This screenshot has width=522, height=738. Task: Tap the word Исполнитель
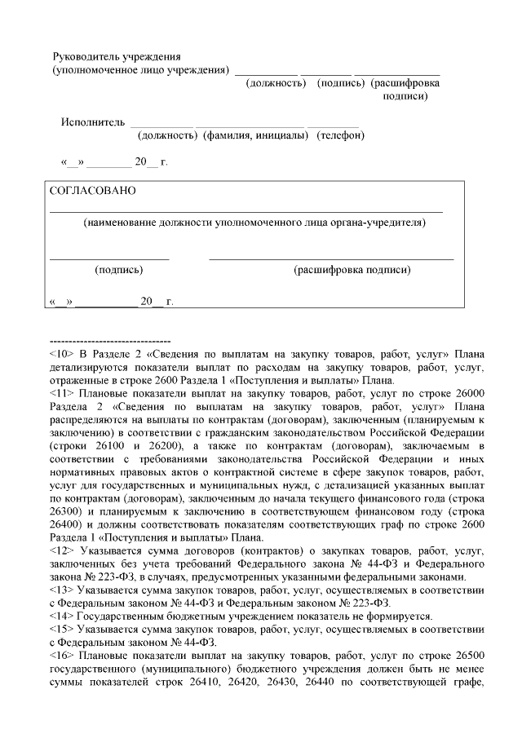coord(91,122)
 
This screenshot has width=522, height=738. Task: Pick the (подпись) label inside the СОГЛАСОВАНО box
coord(118,269)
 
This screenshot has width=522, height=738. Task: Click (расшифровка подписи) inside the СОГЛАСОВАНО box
coord(352,269)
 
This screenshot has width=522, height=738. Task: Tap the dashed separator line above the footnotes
coord(110,340)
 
